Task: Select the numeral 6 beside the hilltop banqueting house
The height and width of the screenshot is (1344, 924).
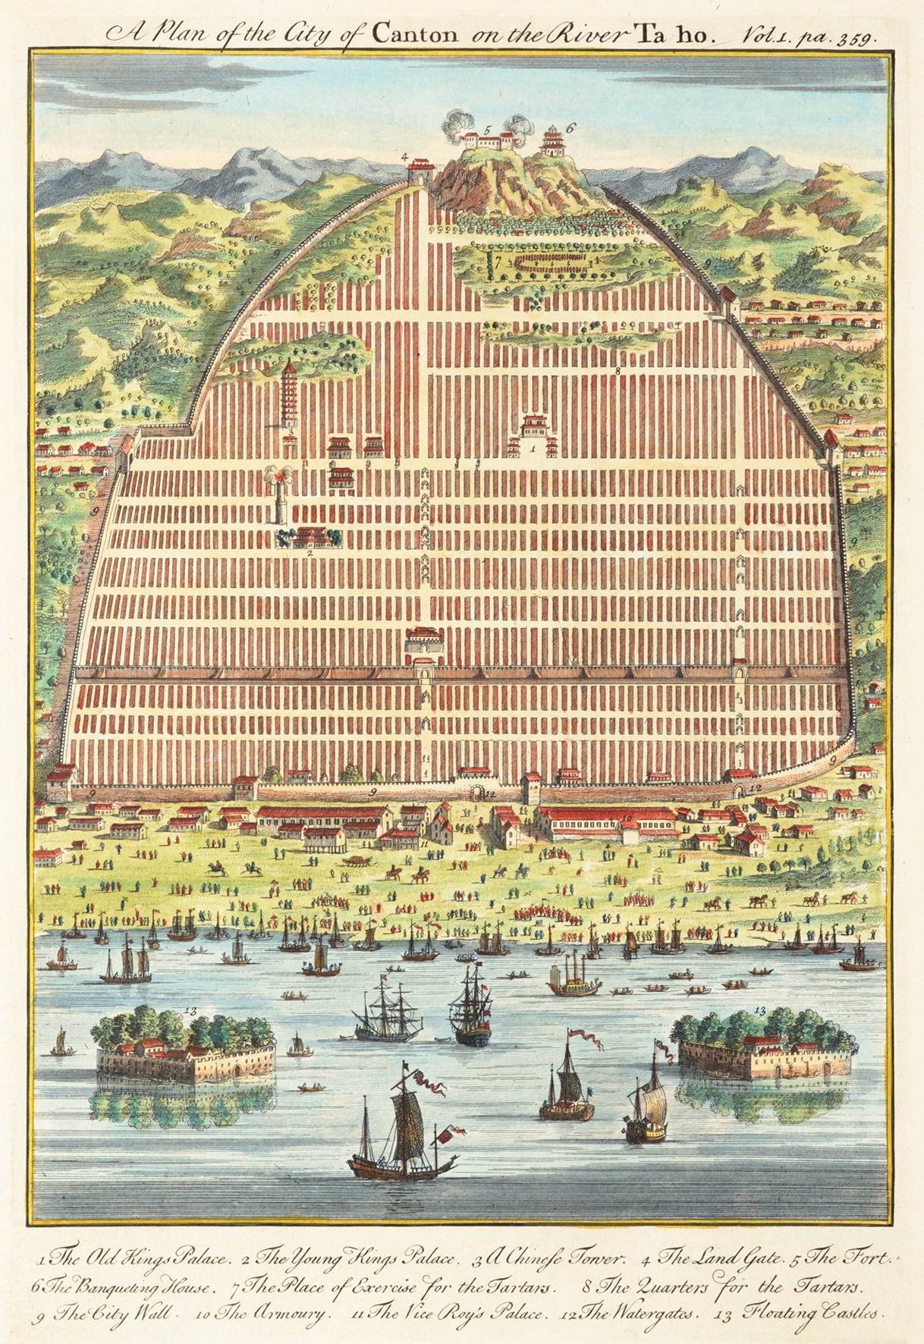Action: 570,128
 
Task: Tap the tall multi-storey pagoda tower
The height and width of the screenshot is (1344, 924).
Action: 290,394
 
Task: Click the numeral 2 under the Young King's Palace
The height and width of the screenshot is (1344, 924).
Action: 310,554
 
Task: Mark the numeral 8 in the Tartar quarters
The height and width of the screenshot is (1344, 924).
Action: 618,372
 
